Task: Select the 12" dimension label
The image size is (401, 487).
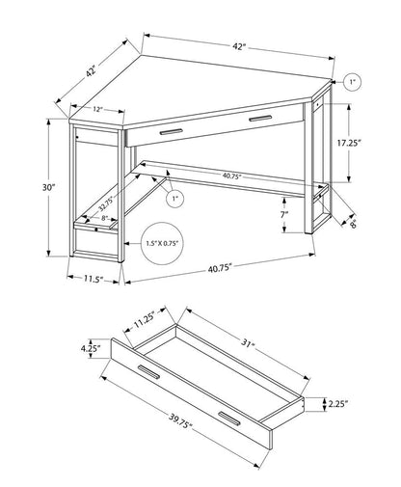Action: (98, 110)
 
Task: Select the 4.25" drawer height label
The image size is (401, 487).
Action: (94, 351)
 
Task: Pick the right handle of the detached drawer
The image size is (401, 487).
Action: (228, 416)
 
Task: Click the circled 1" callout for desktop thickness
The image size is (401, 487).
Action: (352, 84)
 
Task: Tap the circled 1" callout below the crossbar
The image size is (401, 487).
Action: (174, 200)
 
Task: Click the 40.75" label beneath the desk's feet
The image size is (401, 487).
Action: (217, 272)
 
